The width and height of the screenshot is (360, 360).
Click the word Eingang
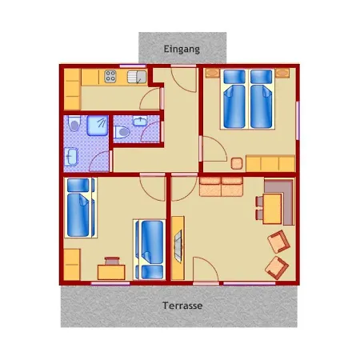pos(182,50)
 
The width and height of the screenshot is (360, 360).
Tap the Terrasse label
pos(182,306)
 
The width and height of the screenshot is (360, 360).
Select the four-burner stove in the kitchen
pos(110,76)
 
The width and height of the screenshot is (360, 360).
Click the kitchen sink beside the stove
pos(137,77)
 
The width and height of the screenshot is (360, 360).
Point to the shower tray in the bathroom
pos(98,126)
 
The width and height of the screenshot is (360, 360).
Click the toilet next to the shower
pos(74,123)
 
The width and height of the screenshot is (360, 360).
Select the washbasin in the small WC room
pos(140,121)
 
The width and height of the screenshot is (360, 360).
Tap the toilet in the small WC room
pos(122,132)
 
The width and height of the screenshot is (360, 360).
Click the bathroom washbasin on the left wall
pos(71,156)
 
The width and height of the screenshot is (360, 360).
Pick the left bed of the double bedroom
pos(234,99)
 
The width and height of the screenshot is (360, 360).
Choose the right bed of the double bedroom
pos(262,99)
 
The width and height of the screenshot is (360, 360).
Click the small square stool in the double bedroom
pos(237,163)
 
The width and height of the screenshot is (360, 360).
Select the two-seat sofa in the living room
pos(221,186)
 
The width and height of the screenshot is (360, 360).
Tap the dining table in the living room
pos(272,209)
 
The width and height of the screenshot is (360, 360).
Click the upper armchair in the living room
pos(278,242)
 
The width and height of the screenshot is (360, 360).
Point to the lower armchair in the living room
pos(277,268)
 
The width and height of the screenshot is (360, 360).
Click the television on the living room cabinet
pos(178,246)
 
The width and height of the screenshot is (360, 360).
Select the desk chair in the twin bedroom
pos(112,261)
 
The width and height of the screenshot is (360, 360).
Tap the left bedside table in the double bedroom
pos(212,73)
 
